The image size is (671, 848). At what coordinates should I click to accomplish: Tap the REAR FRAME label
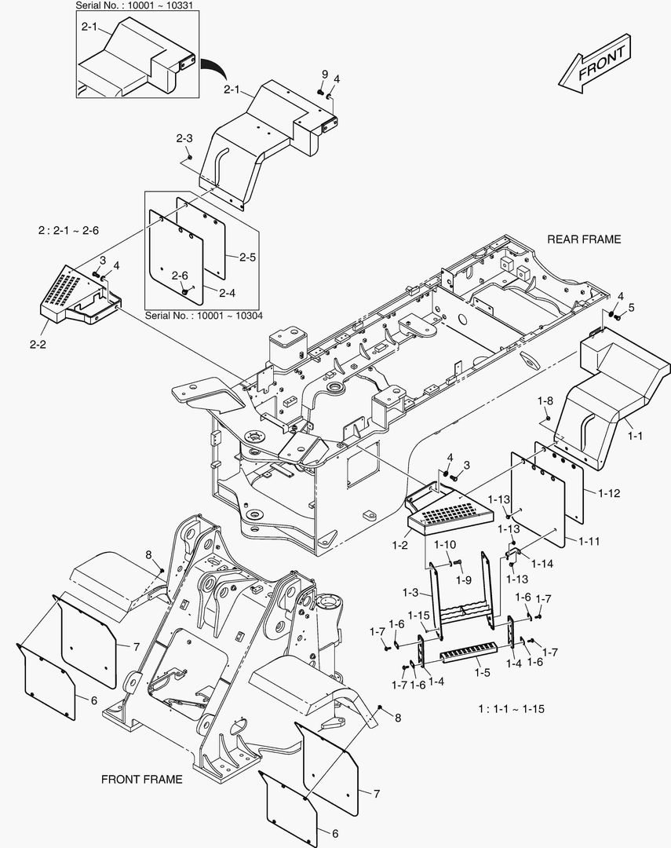pos(583,239)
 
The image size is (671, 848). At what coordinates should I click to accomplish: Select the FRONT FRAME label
pos(142,779)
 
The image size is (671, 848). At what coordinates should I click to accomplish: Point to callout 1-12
pos(609,493)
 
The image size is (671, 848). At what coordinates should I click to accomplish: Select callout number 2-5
pos(248,256)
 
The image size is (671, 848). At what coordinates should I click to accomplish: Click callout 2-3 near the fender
pos(184,138)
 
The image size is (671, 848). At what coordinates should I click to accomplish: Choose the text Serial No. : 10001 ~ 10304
pos(204,315)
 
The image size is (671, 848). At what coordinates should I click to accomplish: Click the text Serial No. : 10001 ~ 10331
pos(135,5)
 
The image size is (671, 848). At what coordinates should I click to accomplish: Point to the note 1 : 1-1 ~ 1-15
pos(511,709)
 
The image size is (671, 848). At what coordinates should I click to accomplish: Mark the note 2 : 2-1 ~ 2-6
pos(68,231)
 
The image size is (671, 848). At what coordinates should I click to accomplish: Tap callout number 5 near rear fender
pos(631,307)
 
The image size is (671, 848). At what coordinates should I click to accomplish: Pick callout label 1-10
pos(445,544)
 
